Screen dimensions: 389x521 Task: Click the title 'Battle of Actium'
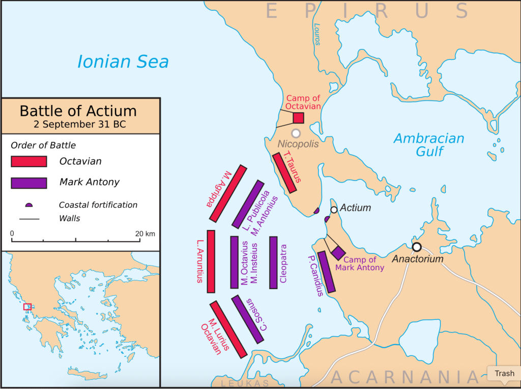click(78, 111)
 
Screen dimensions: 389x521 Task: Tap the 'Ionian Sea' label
click(123, 62)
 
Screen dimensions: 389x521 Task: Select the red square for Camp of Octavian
click(299, 118)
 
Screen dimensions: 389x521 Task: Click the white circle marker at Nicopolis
click(296, 133)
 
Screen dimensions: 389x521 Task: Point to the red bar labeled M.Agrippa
click(227, 194)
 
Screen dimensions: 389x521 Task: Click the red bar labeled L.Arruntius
click(211, 262)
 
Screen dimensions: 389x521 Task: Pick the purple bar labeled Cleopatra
click(273, 263)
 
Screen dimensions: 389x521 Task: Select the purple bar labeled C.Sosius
click(248, 319)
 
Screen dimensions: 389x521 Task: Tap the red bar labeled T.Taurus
click(285, 173)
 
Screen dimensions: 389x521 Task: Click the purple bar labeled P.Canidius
click(326, 272)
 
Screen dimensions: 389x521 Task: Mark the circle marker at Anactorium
click(417, 247)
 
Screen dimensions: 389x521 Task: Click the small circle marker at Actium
click(334, 210)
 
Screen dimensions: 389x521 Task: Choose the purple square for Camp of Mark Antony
click(338, 253)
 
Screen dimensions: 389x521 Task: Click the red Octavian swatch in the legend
click(29, 162)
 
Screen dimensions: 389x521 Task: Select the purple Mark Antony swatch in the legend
click(29, 183)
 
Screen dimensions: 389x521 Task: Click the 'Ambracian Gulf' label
click(429, 145)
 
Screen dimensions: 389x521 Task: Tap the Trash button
click(504, 374)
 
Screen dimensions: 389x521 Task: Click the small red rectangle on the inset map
click(27, 307)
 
